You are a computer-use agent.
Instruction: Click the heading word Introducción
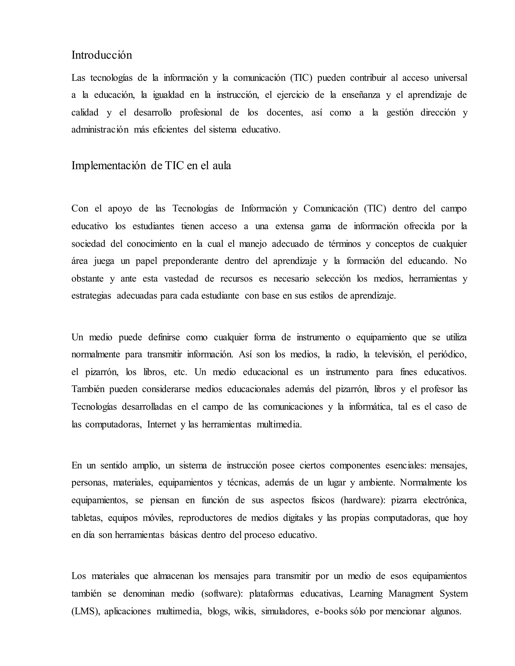coord(102,55)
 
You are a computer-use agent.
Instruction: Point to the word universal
coord(450,78)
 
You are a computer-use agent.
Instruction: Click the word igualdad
coord(168,95)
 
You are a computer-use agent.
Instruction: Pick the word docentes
coord(284,113)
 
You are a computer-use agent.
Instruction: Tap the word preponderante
coord(190,261)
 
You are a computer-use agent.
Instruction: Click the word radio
coord(346,355)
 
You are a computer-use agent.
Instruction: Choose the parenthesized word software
coord(222,594)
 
